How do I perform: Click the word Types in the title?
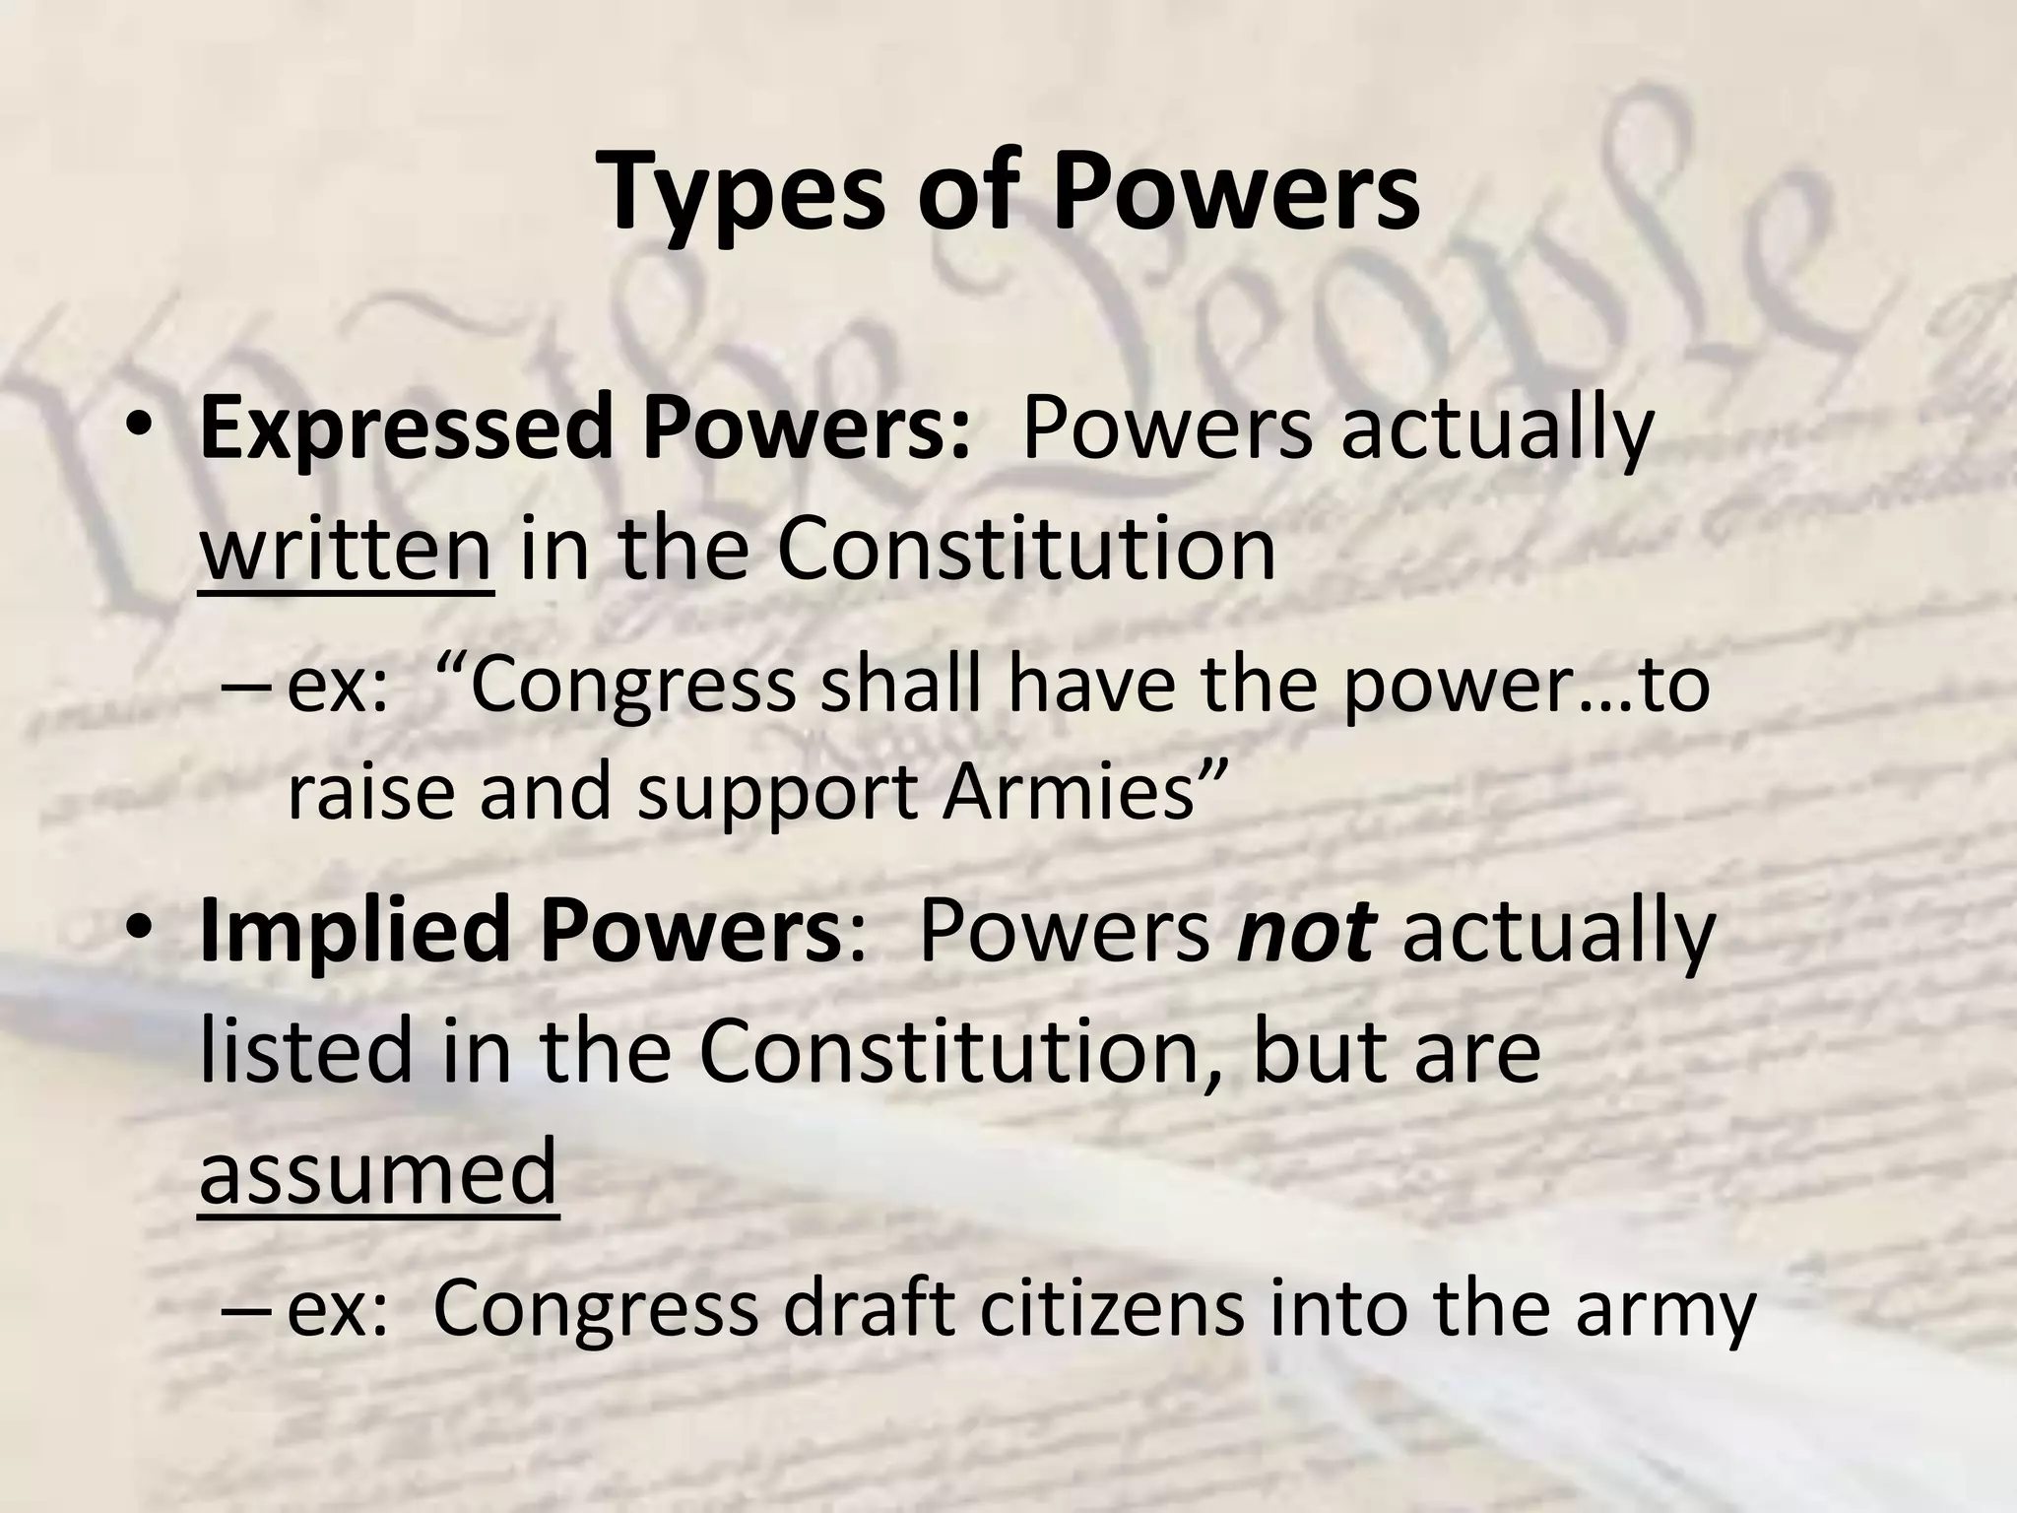click(x=748, y=192)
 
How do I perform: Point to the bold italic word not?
click(x=1304, y=933)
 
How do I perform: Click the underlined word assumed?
click(x=379, y=1172)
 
